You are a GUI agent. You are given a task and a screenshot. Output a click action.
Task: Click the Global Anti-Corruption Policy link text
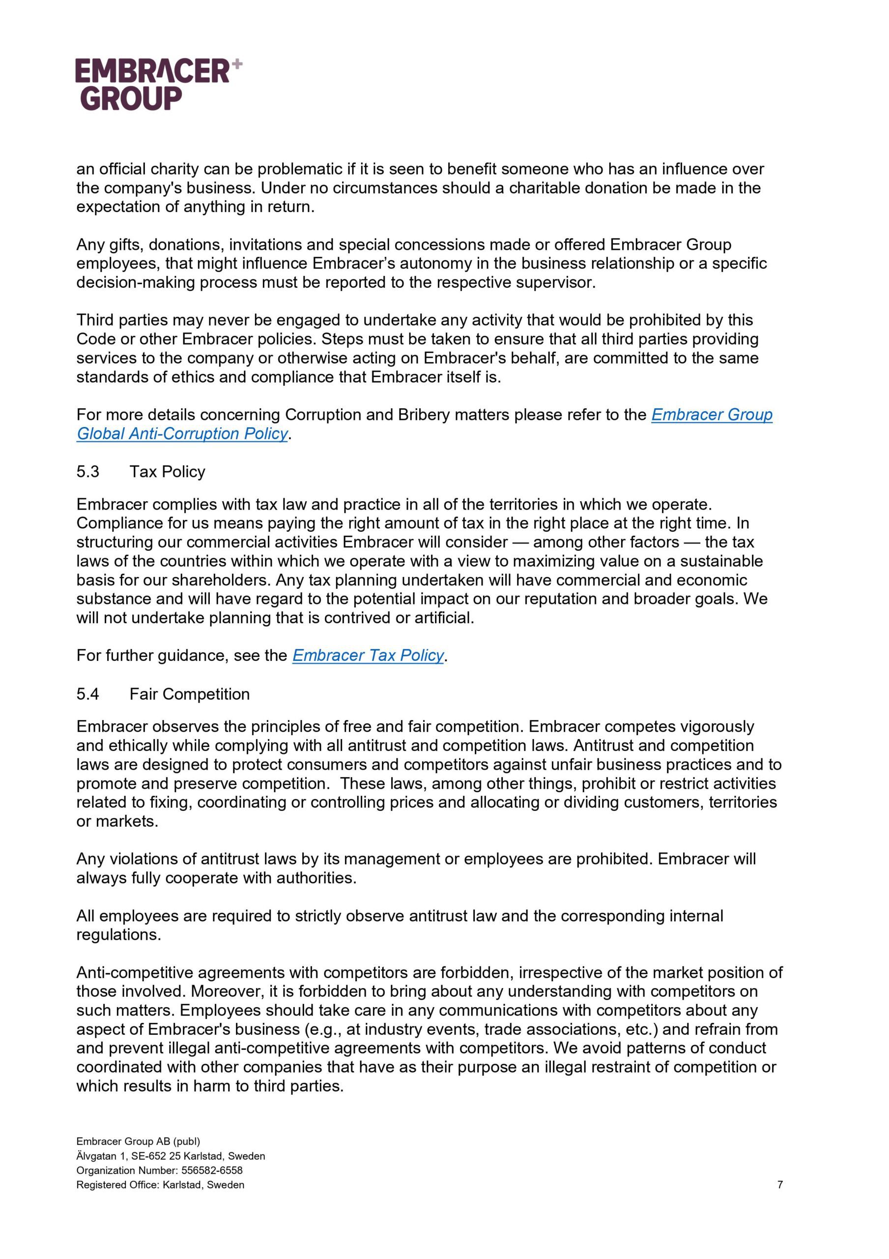pos(182,434)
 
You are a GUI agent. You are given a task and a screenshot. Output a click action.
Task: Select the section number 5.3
pos(87,472)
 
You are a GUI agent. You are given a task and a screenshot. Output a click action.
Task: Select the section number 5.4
pos(87,694)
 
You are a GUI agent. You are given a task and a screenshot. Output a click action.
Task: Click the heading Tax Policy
pos(167,472)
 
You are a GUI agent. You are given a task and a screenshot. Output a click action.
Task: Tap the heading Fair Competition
pos(189,694)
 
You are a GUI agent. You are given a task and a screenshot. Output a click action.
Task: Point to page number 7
pos(780,1184)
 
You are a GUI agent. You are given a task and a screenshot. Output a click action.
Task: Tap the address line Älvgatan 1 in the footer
pos(171,1156)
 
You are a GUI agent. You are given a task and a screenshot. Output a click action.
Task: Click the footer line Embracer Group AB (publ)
pos(138,1141)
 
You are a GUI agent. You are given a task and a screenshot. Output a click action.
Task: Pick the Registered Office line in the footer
pos(160,1184)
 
